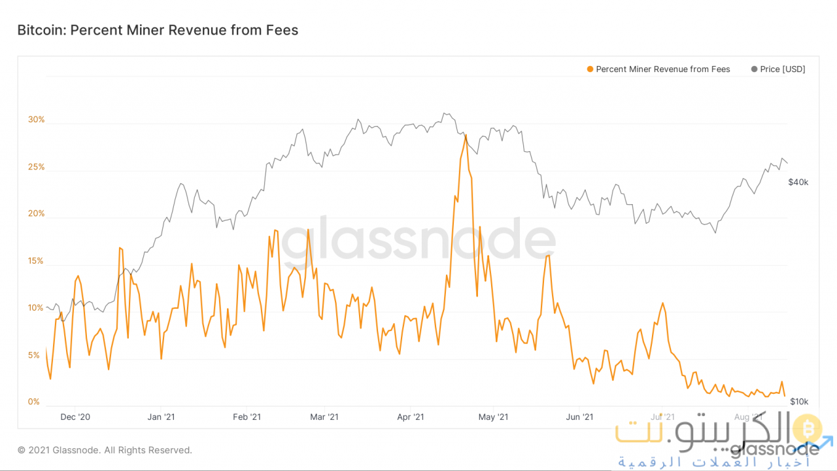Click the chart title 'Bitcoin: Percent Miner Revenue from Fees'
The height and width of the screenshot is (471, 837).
[158, 30]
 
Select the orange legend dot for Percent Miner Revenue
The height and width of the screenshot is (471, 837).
[590, 69]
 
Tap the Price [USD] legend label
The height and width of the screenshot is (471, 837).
[782, 69]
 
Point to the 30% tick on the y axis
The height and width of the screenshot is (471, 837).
[36, 120]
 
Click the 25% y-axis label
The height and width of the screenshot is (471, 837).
[36, 167]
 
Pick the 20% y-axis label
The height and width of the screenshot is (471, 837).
[36, 214]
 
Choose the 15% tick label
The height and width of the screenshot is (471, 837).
[36, 261]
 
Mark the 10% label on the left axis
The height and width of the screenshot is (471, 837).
[36, 308]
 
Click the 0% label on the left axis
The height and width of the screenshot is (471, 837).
[34, 402]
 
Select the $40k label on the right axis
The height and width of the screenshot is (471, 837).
[798, 183]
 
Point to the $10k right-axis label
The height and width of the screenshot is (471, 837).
[799, 402]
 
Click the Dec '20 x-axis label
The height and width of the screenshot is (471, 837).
[75, 417]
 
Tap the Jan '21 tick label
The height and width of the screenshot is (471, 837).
[161, 417]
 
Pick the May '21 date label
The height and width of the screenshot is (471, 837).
[493, 417]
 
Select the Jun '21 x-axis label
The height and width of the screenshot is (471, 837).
[579, 417]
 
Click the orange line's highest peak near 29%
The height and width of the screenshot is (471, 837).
[465, 135]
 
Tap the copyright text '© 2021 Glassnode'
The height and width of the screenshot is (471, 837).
[105, 450]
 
